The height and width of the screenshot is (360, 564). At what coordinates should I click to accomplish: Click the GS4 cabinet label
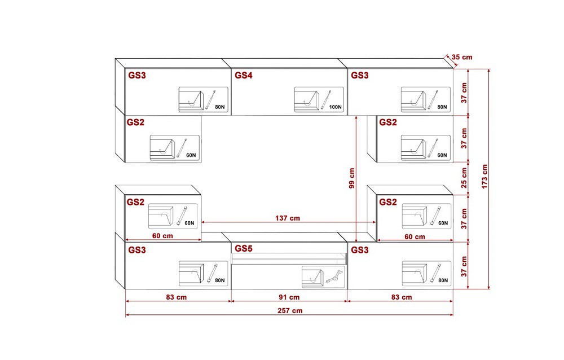coord(244,75)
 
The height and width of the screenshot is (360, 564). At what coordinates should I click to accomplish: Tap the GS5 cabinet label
coord(244,248)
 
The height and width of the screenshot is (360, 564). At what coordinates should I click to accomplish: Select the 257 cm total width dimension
coord(290,311)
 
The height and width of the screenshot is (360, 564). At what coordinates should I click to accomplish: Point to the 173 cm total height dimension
coord(485,177)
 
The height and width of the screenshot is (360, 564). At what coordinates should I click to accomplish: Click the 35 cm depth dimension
coord(462,57)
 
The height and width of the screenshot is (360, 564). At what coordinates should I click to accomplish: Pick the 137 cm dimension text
coord(288,218)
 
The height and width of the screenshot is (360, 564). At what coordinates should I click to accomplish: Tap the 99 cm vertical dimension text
coord(352,178)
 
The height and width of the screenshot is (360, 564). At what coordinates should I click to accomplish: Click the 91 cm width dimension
coord(289,297)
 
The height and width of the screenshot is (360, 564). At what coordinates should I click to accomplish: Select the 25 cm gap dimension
coord(464,178)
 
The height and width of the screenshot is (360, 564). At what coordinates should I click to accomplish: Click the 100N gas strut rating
coord(335,107)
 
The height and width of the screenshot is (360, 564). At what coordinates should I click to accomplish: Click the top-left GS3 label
coord(137,75)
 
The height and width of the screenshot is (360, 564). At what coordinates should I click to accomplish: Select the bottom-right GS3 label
coord(360,250)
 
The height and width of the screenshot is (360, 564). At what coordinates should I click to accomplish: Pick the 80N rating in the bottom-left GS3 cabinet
coord(220,280)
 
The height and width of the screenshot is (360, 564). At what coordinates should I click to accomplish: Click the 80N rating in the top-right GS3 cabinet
coord(442,107)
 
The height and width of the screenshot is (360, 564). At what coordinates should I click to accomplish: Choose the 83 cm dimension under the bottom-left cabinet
coord(176,297)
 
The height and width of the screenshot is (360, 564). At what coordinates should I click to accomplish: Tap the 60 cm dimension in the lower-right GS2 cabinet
coord(415,237)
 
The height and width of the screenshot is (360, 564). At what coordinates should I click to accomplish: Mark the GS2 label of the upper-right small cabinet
coord(388,122)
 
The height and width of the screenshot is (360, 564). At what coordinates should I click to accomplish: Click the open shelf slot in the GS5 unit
coord(289,258)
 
